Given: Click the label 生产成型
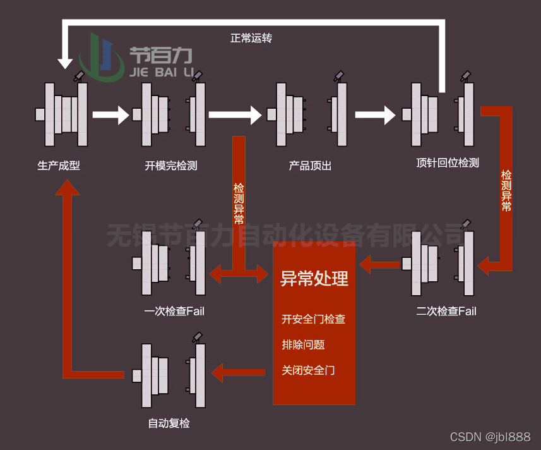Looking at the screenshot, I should click(59, 166).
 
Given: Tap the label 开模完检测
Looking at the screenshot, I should click(171, 166).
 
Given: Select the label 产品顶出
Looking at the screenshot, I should click(310, 166).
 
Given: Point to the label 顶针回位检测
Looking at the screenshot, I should click(448, 162).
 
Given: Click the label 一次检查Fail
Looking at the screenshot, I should click(174, 311).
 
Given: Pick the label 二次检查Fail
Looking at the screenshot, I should click(446, 311).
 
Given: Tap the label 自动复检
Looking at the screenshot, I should click(169, 423).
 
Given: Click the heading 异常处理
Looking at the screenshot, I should click(314, 279).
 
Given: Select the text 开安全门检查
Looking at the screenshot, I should click(313, 319).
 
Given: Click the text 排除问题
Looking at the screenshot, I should click(303, 345).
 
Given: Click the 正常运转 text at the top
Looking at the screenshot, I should click(251, 38).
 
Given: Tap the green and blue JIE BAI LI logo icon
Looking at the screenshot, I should click(101, 58).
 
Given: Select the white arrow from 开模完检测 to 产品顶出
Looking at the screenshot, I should click(234, 115).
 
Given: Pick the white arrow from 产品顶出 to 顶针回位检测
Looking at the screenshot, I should click(375, 115).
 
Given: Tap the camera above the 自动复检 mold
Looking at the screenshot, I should click(198, 337).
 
